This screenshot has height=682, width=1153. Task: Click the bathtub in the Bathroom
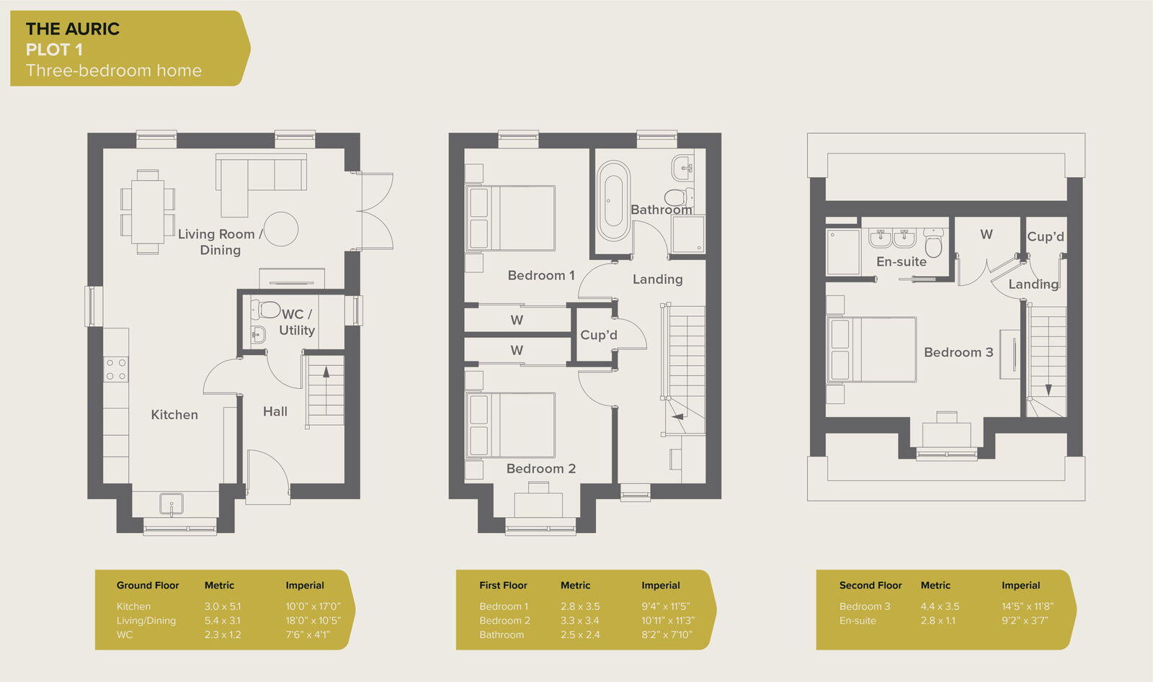[x=613, y=200]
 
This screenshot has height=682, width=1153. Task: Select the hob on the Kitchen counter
[x=116, y=369]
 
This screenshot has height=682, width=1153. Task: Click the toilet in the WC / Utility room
[x=266, y=310]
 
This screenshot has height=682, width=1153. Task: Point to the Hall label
[x=275, y=411]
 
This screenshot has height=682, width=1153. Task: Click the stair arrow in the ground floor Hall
[x=326, y=373]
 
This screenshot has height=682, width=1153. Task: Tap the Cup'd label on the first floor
[x=598, y=335]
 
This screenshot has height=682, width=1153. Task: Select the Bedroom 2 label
[x=540, y=469]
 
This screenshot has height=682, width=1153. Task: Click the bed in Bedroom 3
[x=872, y=349]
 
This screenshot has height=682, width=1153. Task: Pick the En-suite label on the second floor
[x=901, y=262]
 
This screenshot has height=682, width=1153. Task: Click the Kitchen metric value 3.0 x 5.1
[x=222, y=606]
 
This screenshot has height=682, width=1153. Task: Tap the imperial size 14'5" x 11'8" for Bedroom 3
[x=1027, y=606]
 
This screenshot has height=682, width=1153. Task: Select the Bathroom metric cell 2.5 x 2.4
[x=579, y=634]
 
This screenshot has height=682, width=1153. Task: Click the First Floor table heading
[x=503, y=585]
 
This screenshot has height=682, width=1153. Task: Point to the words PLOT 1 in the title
[x=54, y=50]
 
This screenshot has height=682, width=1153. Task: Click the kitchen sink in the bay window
[x=172, y=503]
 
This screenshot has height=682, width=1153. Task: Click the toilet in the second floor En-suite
[x=933, y=244]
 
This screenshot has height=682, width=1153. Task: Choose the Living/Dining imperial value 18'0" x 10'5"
[x=313, y=620]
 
